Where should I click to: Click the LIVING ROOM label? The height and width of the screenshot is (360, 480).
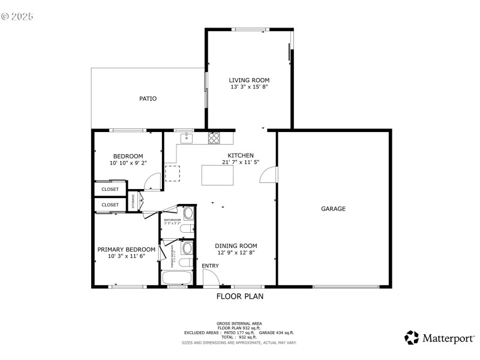249,80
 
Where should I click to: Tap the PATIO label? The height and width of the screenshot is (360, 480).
148,98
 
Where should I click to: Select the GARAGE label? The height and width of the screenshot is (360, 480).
333,209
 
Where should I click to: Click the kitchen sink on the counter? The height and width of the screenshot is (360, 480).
187,137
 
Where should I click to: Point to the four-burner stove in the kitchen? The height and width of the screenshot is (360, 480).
214,137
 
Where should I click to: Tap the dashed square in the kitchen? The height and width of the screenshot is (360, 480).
173,173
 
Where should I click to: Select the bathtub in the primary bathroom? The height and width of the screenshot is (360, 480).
177,278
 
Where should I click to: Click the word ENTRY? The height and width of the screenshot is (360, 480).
210,266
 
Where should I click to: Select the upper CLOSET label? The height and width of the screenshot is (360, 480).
110,189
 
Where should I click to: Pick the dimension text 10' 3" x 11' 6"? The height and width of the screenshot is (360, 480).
127,256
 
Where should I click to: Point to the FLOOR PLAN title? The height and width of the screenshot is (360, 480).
239,296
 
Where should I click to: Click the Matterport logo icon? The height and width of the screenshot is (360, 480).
412,338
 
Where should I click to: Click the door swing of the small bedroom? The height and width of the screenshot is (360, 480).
155,178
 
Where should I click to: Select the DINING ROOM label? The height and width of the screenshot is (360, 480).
236,245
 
